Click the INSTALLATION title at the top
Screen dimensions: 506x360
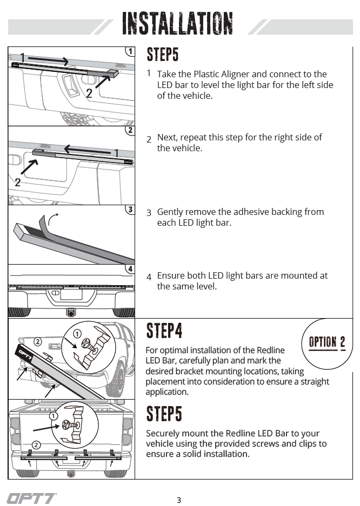[x=178, y=23]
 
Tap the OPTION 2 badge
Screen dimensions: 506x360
[x=327, y=342]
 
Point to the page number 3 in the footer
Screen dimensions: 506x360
[x=179, y=500]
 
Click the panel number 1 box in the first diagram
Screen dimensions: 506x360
[x=130, y=51]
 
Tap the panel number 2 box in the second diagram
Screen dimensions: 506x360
[x=130, y=130]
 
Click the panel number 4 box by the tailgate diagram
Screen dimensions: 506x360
[x=130, y=268]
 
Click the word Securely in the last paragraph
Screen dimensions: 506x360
[x=163, y=433]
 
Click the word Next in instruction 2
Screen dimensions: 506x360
[x=166, y=137]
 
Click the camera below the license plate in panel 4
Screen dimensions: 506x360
[x=71, y=312]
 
